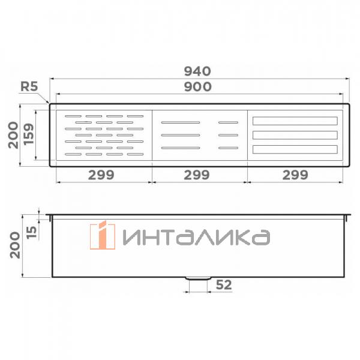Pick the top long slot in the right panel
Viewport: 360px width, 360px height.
click(x=295, y=121)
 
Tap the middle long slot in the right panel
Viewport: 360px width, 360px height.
click(x=295, y=135)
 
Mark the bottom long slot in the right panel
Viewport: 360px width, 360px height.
click(x=295, y=149)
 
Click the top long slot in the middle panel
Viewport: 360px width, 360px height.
click(x=181, y=122)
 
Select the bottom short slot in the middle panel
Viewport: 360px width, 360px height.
click(x=229, y=148)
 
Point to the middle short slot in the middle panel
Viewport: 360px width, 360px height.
click(x=229, y=135)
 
